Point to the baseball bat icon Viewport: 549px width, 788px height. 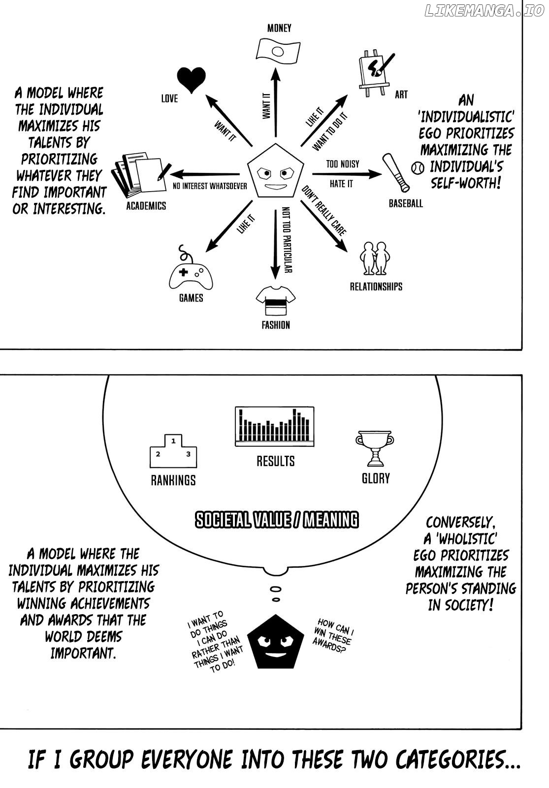[396, 172]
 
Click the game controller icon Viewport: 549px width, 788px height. [191, 273]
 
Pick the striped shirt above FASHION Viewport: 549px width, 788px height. [276, 300]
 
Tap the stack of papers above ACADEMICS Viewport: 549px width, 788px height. [140, 175]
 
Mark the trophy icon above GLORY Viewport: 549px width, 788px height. [375, 448]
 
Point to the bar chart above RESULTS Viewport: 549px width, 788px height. [275, 427]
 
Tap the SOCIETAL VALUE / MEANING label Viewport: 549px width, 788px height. [276, 520]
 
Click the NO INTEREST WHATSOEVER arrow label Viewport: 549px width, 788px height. [210, 186]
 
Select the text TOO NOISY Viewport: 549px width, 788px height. [343, 164]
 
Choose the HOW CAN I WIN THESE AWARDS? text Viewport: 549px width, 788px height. [333, 635]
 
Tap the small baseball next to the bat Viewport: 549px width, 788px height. [418, 167]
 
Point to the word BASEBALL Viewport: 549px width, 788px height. [406, 203]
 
